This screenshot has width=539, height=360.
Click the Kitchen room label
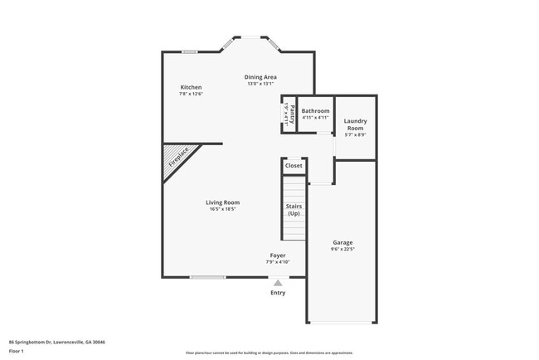(x=191, y=87)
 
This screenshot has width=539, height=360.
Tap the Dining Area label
(x=260, y=77)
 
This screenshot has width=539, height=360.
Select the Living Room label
(x=223, y=202)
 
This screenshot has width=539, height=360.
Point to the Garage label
(x=343, y=242)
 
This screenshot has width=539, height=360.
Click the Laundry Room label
(x=355, y=124)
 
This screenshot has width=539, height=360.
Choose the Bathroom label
(x=315, y=110)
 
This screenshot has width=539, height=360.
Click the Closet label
(x=294, y=166)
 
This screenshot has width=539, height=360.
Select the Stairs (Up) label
(x=294, y=209)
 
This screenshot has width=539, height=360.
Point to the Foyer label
(x=278, y=255)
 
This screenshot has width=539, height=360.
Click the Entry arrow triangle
(x=278, y=282)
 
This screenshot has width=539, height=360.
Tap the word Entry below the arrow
(x=278, y=292)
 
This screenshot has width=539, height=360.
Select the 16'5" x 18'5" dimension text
(x=223, y=209)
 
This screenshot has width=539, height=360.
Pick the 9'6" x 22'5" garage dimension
(x=343, y=249)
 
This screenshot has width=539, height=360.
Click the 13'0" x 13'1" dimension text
(x=260, y=84)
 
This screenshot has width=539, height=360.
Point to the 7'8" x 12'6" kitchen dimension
(x=191, y=94)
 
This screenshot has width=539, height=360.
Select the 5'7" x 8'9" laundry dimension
(x=355, y=134)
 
